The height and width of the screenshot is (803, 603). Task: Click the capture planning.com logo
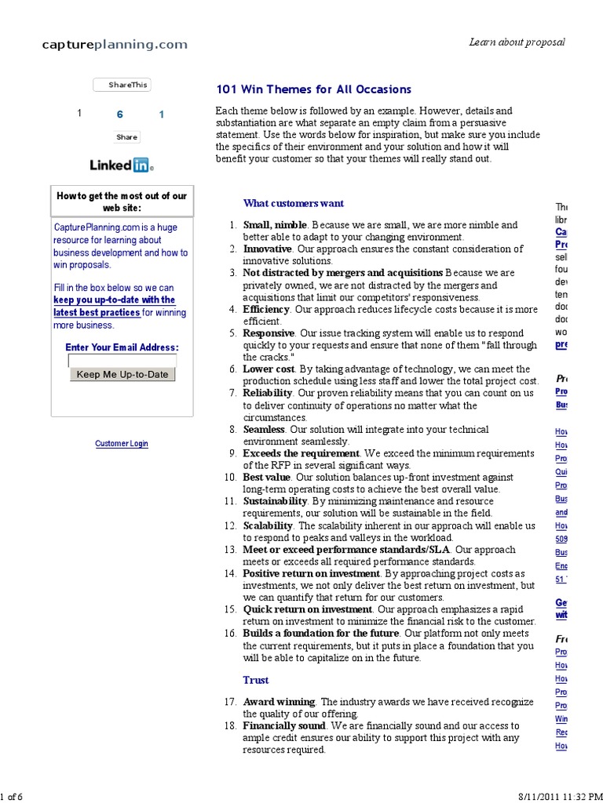[115, 45]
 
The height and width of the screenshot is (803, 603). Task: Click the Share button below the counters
[126, 137]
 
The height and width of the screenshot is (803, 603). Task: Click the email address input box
[122, 361]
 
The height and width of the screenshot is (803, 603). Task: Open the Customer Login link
[121, 444]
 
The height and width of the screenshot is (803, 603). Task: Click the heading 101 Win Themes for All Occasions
[313, 90]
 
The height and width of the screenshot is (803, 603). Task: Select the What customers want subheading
[293, 203]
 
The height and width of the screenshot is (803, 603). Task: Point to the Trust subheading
[255, 680]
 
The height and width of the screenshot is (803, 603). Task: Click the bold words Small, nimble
[275, 225]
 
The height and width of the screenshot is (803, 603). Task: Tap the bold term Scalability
[268, 525]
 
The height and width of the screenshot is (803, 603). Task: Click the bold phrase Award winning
[279, 702]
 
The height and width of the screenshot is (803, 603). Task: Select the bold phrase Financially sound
[283, 726]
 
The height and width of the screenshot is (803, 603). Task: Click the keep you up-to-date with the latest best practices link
[114, 307]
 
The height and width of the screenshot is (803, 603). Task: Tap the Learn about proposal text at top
[517, 42]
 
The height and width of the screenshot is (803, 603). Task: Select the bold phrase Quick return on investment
[307, 609]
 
